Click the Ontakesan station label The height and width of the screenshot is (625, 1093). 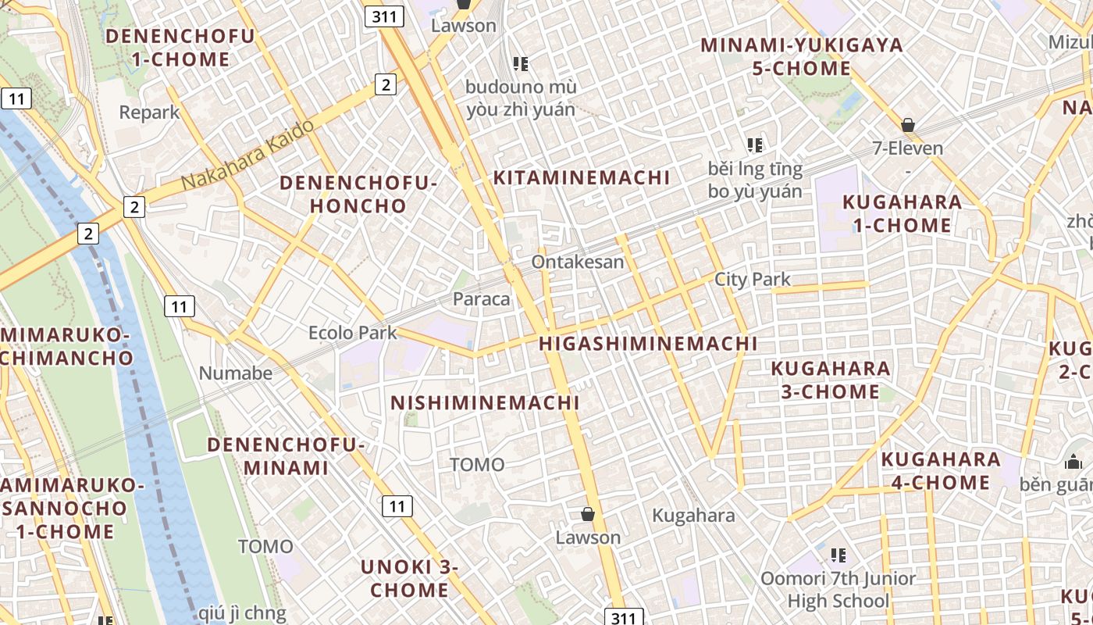coord(578,262)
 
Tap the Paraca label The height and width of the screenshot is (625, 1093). coord(482,298)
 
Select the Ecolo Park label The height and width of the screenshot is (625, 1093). coord(353,333)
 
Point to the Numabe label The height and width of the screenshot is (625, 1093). coord(236,373)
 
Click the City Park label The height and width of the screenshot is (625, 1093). coord(753,279)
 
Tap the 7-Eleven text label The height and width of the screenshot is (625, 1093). coord(907,148)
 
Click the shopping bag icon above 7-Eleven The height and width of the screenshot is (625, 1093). coord(907,124)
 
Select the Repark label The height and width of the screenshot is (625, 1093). coord(149,112)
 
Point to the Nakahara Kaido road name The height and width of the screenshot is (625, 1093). coord(248,154)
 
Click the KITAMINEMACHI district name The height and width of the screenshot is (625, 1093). coord(582,177)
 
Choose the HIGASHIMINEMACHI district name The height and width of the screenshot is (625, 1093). coord(648,343)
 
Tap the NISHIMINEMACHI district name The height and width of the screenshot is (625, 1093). coord(485,402)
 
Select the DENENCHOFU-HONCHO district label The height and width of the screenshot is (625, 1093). coord(358,195)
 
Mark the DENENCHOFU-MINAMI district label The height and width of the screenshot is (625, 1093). coord(287,456)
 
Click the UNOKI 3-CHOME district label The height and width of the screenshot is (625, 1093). coord(409,578)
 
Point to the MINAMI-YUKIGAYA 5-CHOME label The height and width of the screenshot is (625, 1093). coord(802,56)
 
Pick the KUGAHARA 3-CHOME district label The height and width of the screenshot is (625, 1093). coord(831,380)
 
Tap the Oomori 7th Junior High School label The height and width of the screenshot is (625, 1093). coord(838,590)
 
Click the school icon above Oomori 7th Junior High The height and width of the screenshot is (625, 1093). coord(838,555)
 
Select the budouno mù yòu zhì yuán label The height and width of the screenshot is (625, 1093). coord(522,98)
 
